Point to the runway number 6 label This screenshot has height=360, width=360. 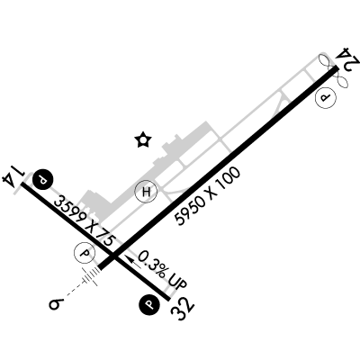point(56,304)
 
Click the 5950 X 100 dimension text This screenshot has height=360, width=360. point(208,196)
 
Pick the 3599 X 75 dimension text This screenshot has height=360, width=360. point(85,221)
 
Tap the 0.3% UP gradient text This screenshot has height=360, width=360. point(162,271)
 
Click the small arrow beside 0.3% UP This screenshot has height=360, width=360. point(133,262)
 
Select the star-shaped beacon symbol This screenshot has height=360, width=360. point(143,139)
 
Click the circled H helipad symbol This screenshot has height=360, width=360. point(146,192)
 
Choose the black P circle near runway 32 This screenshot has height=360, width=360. point(149,304)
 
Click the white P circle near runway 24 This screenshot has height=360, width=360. point(325,98)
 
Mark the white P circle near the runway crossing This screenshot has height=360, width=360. point(85,254)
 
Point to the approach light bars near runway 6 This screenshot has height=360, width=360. point(92,275)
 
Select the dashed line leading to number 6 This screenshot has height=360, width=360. point(74,290)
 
